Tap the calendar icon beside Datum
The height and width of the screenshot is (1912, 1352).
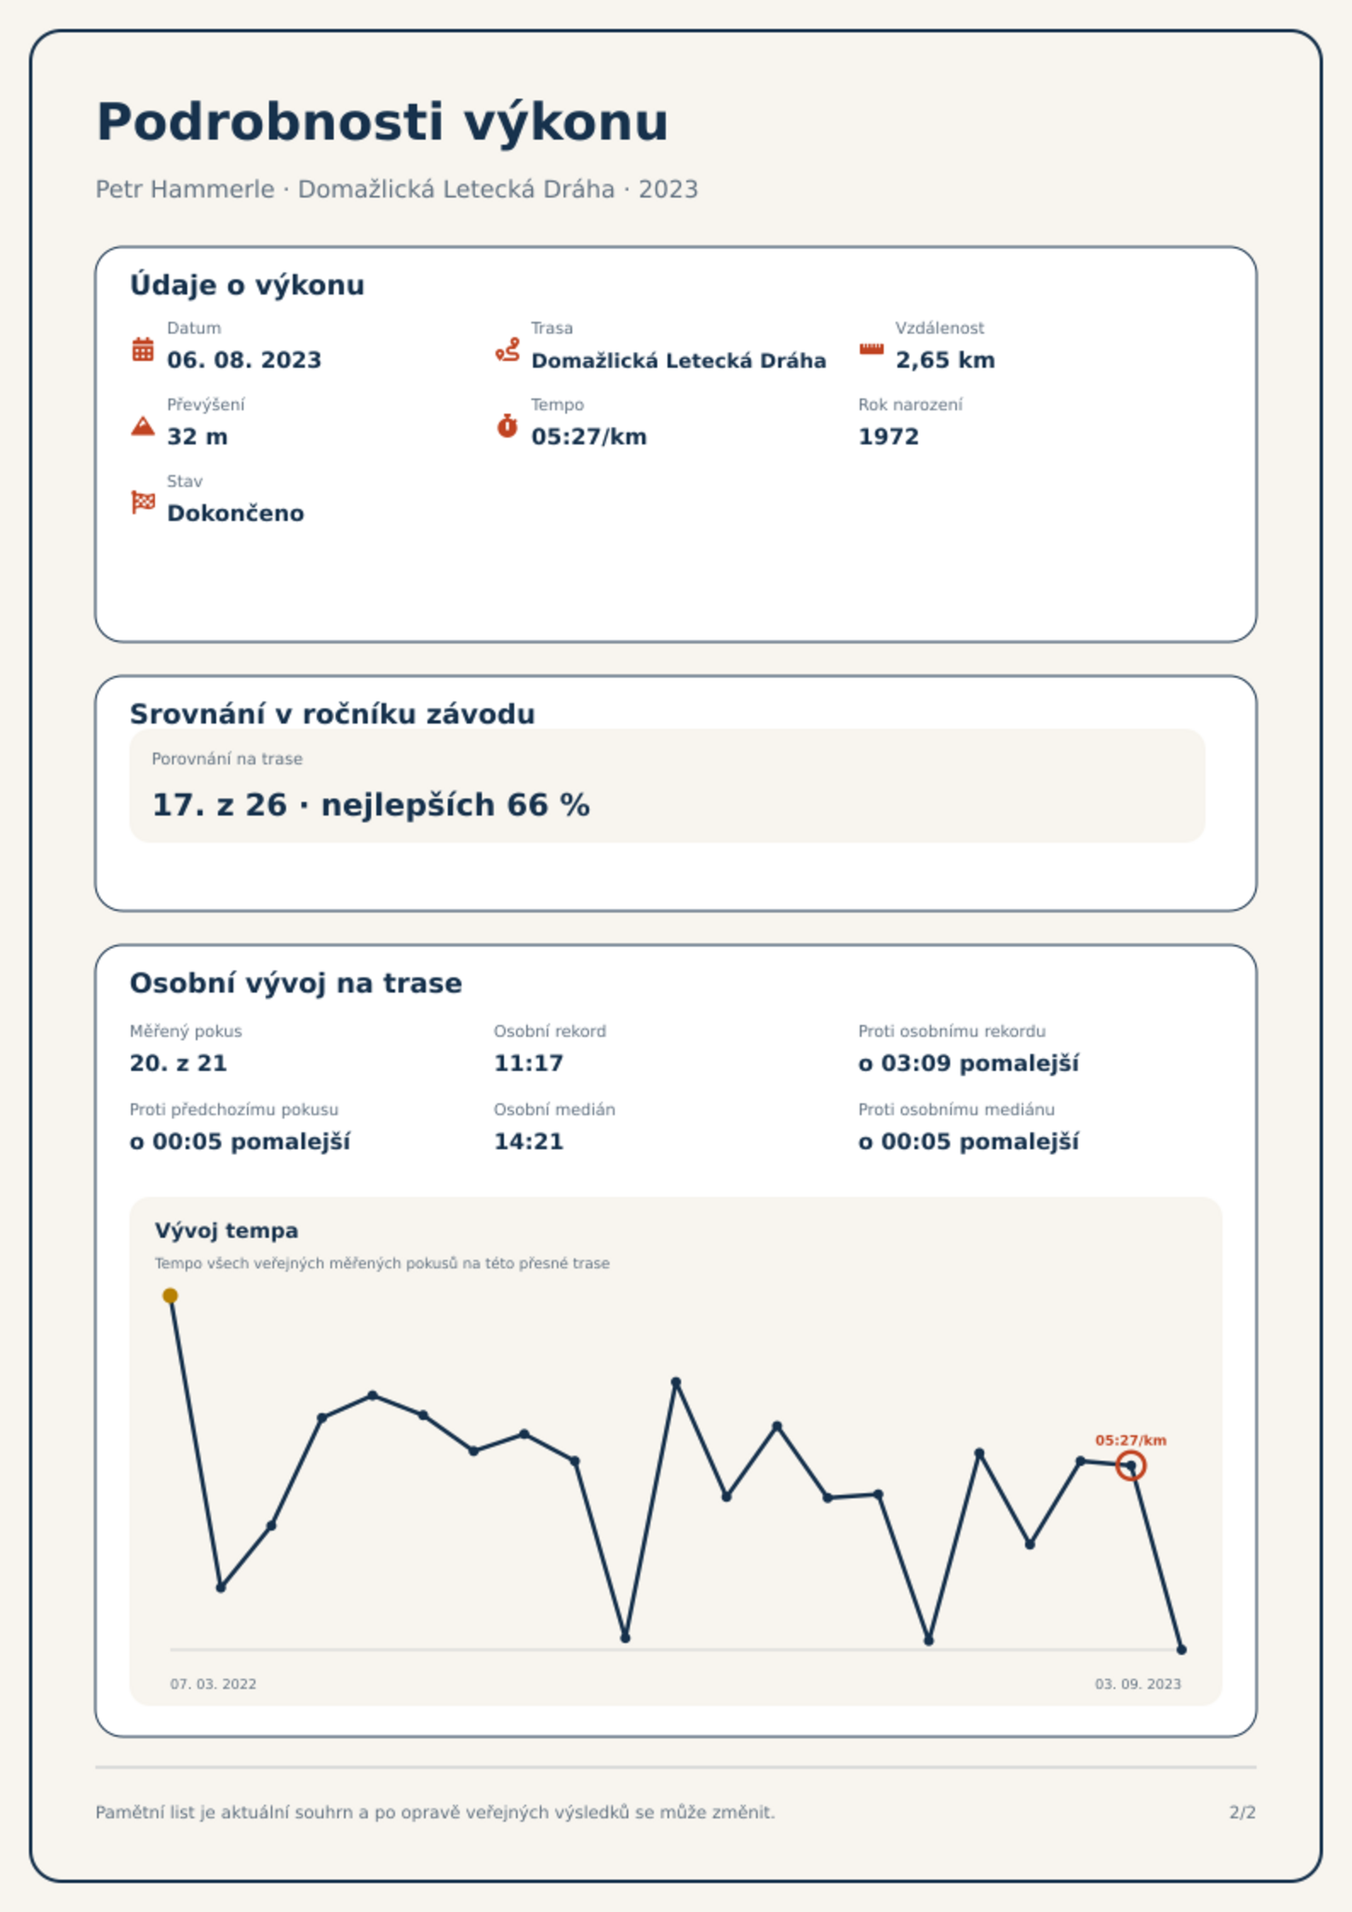[143, 349]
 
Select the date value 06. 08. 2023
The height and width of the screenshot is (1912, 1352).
[244, 360]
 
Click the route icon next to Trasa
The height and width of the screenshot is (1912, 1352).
[507, 349]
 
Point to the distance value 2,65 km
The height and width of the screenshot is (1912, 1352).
[945, 360]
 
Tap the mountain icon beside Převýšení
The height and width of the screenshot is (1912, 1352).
[143, 426]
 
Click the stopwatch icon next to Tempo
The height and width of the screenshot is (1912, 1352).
[507, 426]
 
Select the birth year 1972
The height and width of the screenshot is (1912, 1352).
[889, 437]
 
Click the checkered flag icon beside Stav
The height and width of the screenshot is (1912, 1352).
[143, 502]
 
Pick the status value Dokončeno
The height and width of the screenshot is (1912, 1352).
[236, 513]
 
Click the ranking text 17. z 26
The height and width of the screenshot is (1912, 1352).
[220, 804]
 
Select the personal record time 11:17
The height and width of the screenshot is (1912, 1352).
[529, 1063]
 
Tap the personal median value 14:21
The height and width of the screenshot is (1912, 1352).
[529, 1142]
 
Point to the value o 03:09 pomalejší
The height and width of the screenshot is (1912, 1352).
[969, 1063]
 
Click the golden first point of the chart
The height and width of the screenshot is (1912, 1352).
[170, 1296]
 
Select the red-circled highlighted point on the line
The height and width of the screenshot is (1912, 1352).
[1131, 1466]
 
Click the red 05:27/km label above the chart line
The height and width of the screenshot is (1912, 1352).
[1131, 1440]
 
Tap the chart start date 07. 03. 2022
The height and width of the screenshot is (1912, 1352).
[213, 1684]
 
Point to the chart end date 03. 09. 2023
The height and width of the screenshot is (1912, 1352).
[1138, 1684]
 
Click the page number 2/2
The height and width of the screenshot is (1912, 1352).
[1243, 1812]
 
